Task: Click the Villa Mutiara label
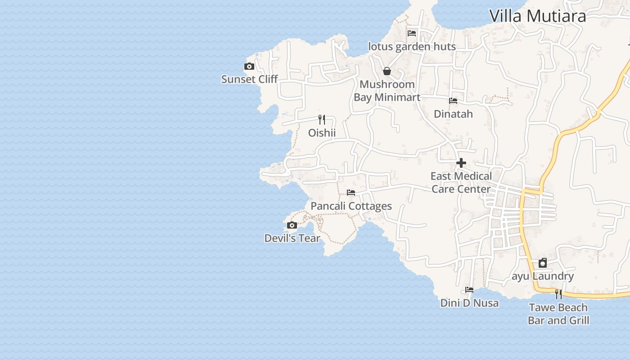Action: pyautogui.click(x=537, y=16)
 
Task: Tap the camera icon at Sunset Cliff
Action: pyautogui.click(x=249, y=67)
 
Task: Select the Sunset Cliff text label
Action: pyautogui.click(x=249, y=79)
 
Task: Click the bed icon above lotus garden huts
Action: pyautogui.click(x=412, y=33)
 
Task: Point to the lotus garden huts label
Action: pyautogui.click(x=412, y=46)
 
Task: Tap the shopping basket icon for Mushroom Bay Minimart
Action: pyautogui.click(x=387, y=71)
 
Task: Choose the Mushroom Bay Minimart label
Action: pyautogui.click(x=387, y=90)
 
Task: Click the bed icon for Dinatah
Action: pyautogui.click(x=453, y=101)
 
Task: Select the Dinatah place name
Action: pyautogui.click(x=453, y=114)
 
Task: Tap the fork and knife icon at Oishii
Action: pyautogui.click(x=322, y=120)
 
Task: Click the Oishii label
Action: pyautogui.click(x=322, y=133)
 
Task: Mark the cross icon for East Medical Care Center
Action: pyautogui.click(x=461, y=163)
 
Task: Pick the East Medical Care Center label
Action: pyautogui.click(x=461, y=182)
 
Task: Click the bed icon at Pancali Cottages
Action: pyautogui.click(x=351, y=193)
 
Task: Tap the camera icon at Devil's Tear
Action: pyautogui.click(x=292, y=225)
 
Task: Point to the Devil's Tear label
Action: pyautogui.click(x=292, y=238)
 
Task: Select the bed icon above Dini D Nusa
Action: pyautogui.click(x=469, y=290)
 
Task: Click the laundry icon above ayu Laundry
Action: pyautogui.click(x=543, y=263)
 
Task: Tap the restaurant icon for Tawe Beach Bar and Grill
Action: pyautogui.click(x=558, y=294)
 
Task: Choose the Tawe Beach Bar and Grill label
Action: pyautogui.click(x=558, y=314)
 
